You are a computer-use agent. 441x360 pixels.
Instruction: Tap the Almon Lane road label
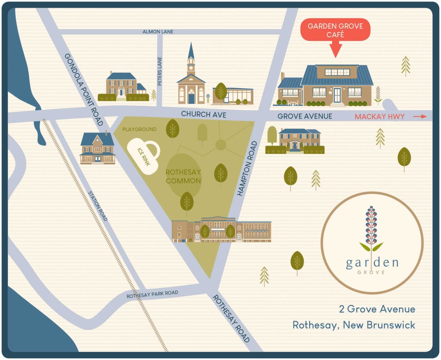point(158,31)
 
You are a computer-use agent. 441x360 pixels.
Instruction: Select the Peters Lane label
point(160,75)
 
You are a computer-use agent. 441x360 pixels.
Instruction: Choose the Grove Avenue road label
point(305,116)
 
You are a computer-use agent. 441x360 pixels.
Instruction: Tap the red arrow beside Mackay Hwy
point(420,116)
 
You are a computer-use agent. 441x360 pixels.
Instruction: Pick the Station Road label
point(98,206)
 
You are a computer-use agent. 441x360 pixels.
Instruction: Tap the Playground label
point(140,129)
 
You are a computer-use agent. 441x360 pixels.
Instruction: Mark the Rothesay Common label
point(183,176)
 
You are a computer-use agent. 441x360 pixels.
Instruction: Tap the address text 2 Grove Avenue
point(377,309)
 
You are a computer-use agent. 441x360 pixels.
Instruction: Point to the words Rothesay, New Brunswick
point(354,325)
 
